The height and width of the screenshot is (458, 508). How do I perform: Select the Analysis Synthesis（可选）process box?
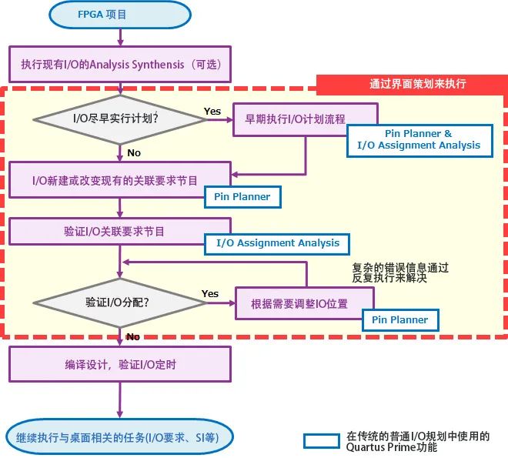click(119, 65)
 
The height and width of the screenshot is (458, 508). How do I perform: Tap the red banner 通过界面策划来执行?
click(412, 83)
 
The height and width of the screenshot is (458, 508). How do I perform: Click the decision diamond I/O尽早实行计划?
click(119, 119)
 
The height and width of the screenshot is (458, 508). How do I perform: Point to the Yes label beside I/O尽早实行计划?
click(212, 112)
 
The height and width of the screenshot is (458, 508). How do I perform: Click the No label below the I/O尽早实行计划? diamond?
click(134, 152)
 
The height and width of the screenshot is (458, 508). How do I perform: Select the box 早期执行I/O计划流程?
click(306, 119)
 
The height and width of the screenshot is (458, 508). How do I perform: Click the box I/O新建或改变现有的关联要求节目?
click(119, 180)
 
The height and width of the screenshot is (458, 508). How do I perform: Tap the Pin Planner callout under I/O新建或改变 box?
click(242, 197)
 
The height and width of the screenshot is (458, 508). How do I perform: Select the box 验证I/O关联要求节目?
click(119, 231)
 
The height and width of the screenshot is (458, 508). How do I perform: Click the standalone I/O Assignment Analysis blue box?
click(277, 243)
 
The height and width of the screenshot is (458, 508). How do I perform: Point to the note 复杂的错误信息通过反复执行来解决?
click(400, 272)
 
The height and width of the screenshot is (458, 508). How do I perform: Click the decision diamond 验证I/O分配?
click(119, 303)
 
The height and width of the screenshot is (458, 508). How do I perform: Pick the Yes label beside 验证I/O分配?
click(210, 294)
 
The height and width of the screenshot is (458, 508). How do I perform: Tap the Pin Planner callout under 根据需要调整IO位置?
click(400, 320)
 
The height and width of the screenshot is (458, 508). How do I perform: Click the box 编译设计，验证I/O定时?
click(119, 364)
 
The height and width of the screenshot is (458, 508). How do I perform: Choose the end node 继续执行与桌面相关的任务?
click(119, 437)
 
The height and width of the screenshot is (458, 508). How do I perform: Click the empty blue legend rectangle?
click(321, 440)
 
